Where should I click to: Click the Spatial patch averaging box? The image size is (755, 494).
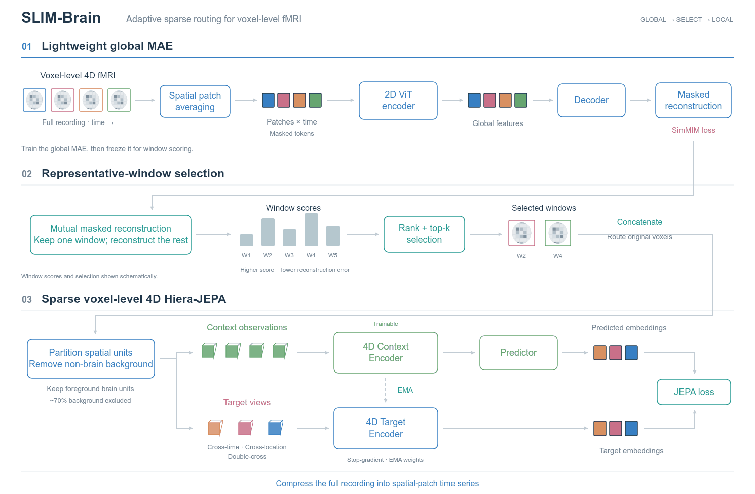pos(195,101)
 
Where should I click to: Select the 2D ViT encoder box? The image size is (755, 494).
pos(398,100)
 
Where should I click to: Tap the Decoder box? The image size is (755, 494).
pos(591,100)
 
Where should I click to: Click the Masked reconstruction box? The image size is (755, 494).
pos(693,100)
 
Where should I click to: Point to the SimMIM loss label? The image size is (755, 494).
pos(693,130)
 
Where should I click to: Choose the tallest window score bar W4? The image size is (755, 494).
pos(311,230)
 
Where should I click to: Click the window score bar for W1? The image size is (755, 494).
pos(247,240)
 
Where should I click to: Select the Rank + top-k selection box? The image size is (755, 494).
pos(424,234)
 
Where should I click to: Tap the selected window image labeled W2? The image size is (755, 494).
pos(521,233)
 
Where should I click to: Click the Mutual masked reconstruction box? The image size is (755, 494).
pos(111,234)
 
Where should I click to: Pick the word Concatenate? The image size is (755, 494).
pos(639,222)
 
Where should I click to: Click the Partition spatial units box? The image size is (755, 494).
pos(91,358)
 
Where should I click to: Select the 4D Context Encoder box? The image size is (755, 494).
pos(386,352)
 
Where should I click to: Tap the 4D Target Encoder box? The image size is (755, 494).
pos(386,428)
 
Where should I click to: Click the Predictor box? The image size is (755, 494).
pos(518,352)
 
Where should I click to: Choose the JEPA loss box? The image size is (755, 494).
pos(694,392)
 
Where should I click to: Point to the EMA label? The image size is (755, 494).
pos(405,390)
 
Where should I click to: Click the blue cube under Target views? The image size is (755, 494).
pos(276,428)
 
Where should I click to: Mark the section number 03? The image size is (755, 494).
pos(27,299)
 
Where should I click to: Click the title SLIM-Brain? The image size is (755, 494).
pos(61,18)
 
